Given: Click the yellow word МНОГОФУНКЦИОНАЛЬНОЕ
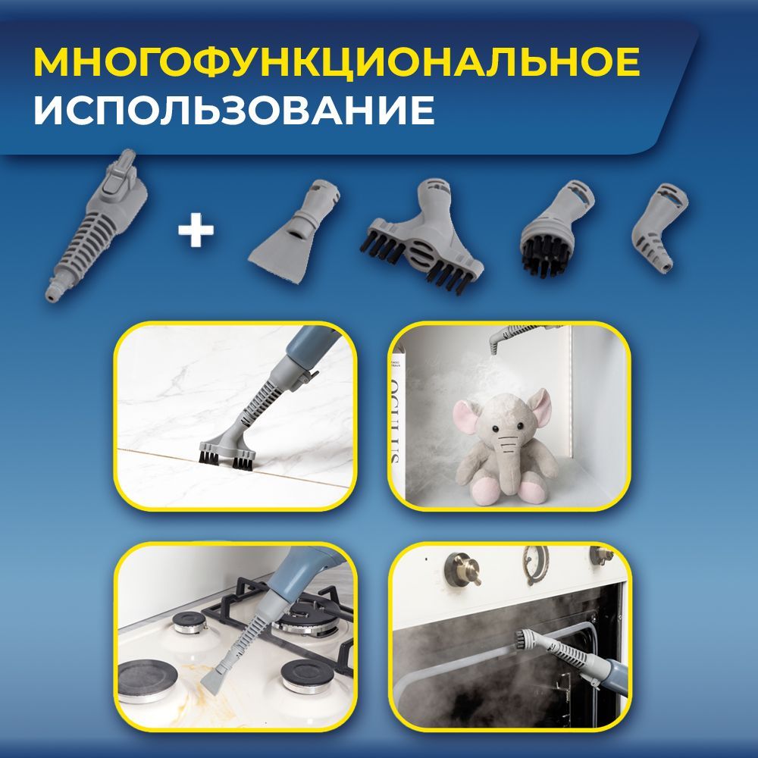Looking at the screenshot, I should [337, 63].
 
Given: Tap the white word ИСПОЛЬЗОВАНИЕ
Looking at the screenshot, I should [234, 111].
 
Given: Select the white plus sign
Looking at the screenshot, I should [196, 230].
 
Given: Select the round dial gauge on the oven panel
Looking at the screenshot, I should [535, 562].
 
